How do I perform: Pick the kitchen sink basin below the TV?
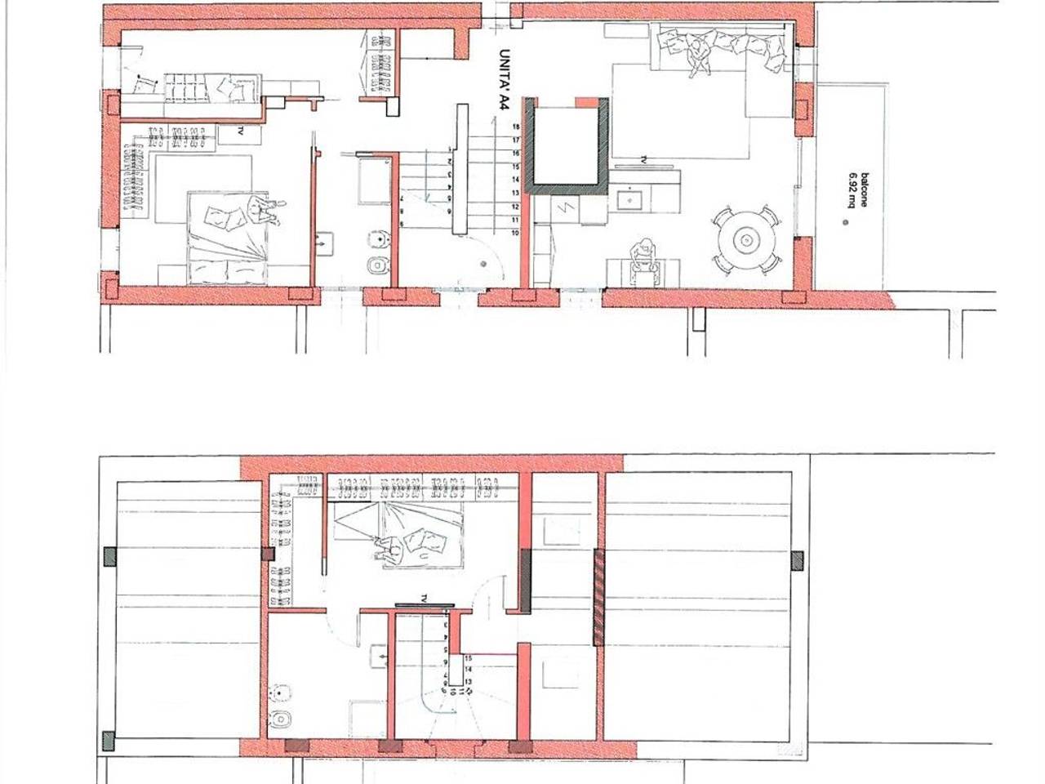click(x=629, y=197)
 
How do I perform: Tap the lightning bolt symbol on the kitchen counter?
click(x=563, y=207)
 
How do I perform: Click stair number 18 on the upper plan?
click(x=516, y=127)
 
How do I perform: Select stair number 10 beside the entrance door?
click(x=516, y=233)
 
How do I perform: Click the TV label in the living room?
click(x=645, y=158)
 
